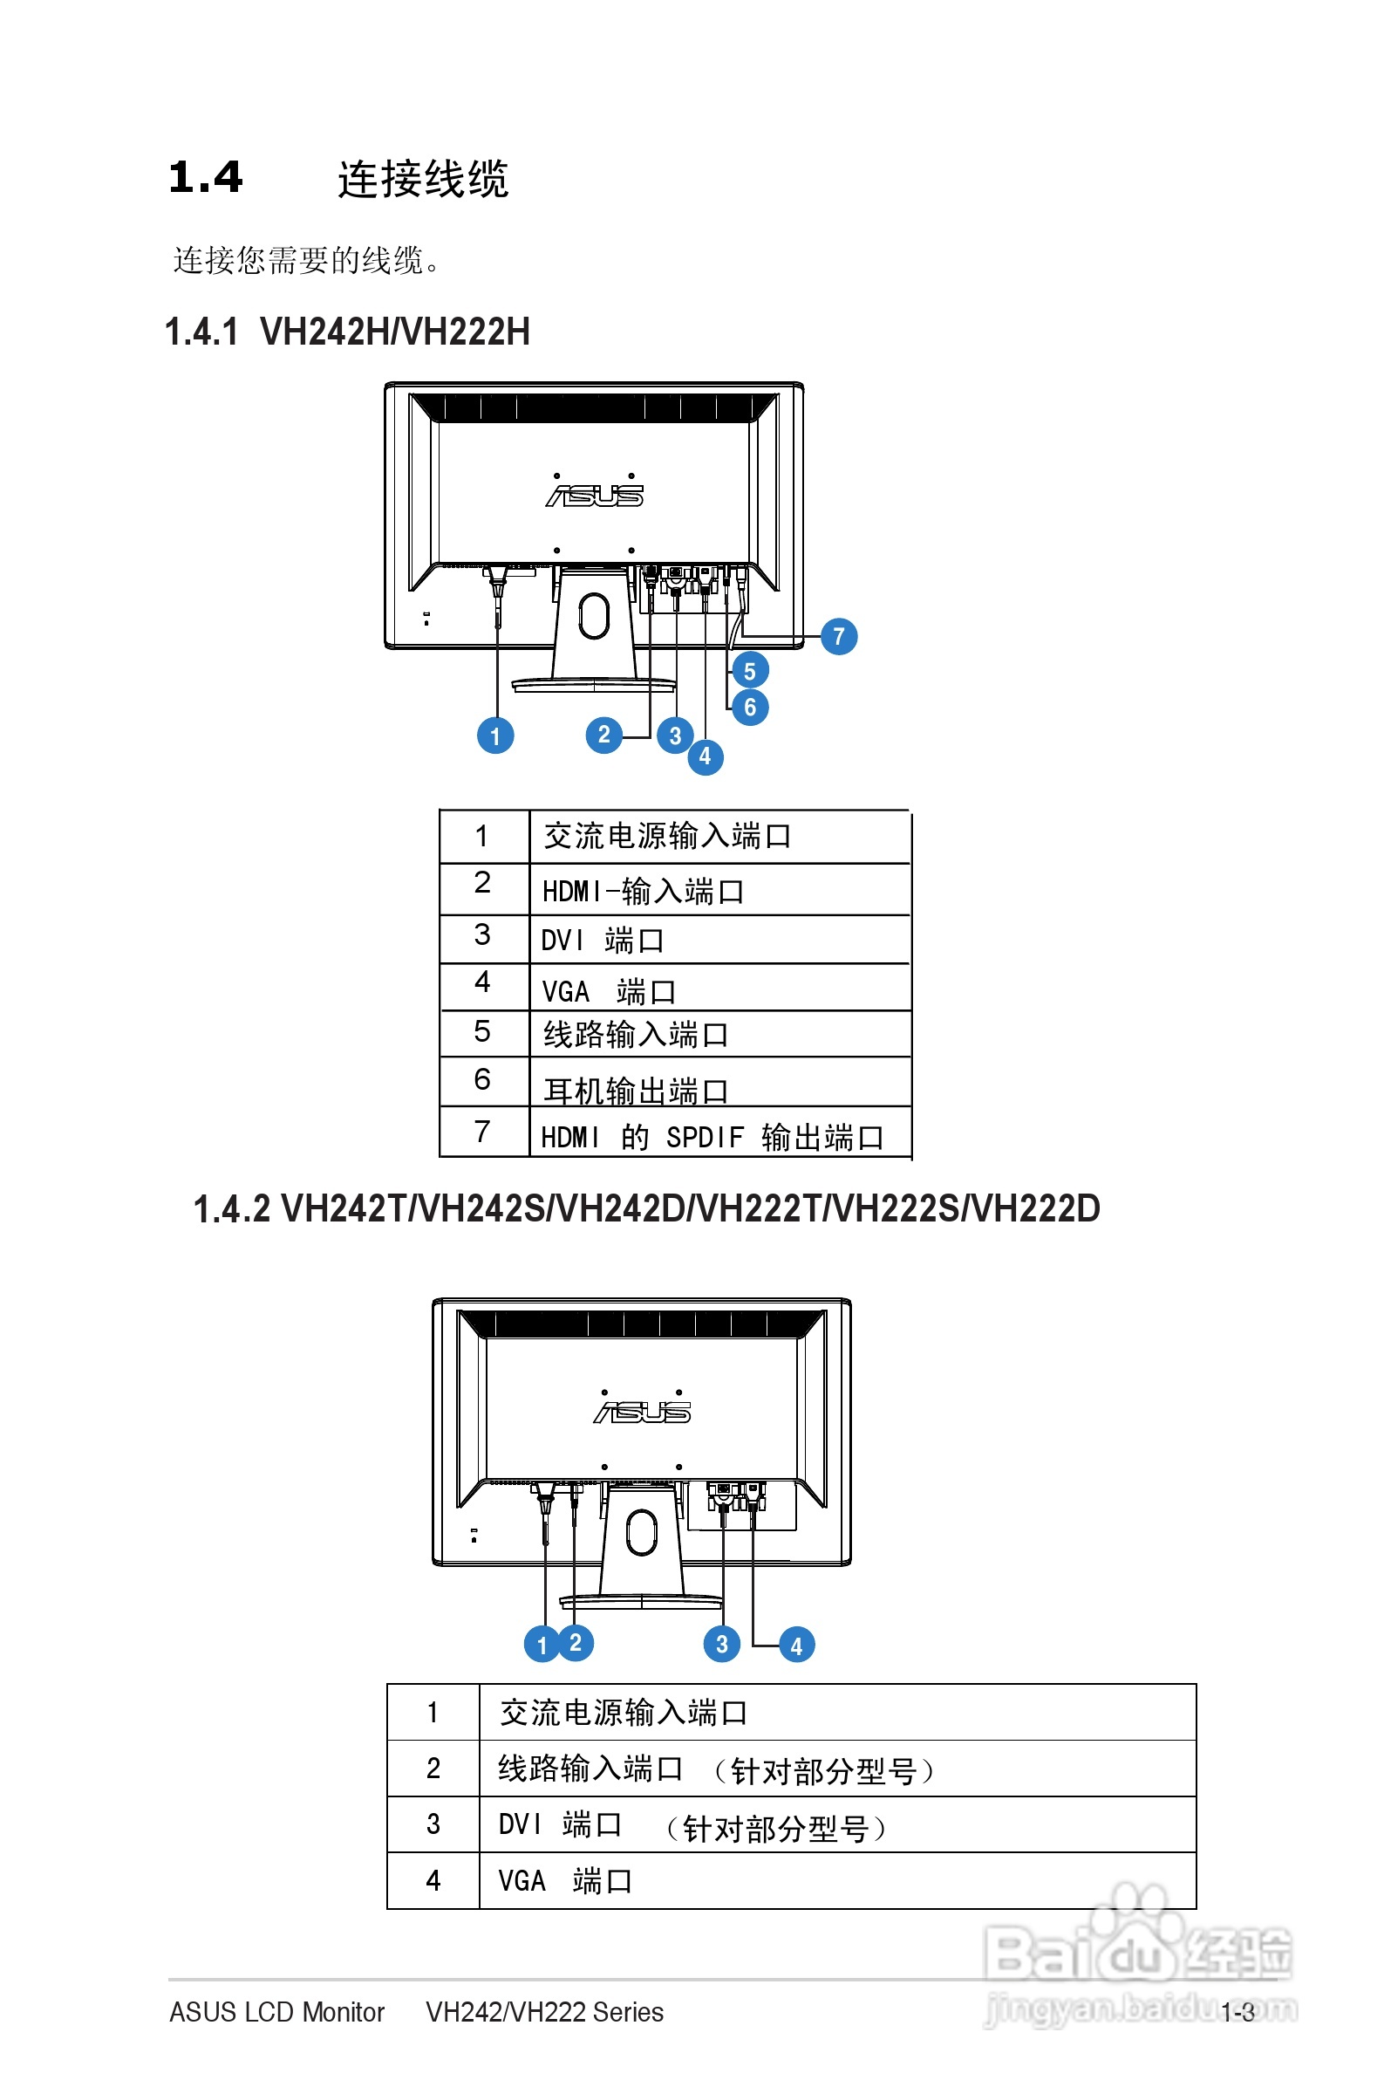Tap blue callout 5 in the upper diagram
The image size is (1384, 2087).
(x=749, y=671)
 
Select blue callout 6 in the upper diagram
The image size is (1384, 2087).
(x=749, y=707)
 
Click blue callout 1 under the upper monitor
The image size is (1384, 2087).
(x=495, y=736)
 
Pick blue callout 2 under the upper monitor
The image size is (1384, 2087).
(x=603, y=735)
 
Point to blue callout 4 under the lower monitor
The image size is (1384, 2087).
(x=796, y=1645)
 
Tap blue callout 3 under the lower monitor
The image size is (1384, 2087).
(x=721, y=1644)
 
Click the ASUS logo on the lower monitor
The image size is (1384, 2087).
(x=642, y=1413)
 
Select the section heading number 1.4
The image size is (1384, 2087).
(x=205, y=177)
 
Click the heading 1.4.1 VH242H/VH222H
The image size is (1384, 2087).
(x=348, y=332)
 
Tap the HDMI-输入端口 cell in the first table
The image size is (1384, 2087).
(x=643, y=892)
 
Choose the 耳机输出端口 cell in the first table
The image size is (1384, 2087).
(x=636, y=1091)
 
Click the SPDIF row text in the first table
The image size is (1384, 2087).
(x=712, y=1137)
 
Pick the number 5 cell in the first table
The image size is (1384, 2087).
(x=482, y=1031)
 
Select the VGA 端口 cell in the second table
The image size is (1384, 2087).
(x=565, y=1881)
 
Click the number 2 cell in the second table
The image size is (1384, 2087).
(x=433, y=1769)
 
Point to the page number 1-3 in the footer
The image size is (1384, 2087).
(x=1237, y=2013)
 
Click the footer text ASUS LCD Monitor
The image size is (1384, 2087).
(x=277, y=2012)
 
